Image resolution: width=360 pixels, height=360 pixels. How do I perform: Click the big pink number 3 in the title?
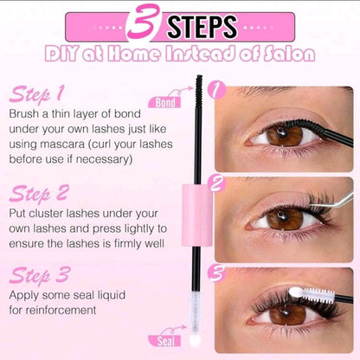point(144,22)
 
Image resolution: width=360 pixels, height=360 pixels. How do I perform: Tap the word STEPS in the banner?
point(202,27)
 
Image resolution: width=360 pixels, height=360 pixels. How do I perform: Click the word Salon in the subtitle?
point(289,54)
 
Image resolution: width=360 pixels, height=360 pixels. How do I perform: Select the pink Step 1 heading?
point(36,93)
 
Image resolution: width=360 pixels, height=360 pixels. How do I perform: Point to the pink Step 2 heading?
point(39,193)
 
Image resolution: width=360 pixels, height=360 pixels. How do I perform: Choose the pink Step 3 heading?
point(40,275)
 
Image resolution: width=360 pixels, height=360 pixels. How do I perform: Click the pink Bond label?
point(164,102)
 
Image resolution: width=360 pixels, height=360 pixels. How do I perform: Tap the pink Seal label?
point(164,341)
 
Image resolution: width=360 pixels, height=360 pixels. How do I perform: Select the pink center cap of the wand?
point(197,215)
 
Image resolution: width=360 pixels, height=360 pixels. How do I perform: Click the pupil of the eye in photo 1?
point(282,133)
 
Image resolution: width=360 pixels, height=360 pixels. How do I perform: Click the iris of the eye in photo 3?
point(287,314)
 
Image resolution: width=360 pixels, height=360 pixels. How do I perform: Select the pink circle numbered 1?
point(216,90)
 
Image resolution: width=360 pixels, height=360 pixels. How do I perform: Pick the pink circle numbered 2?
point(216,183)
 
